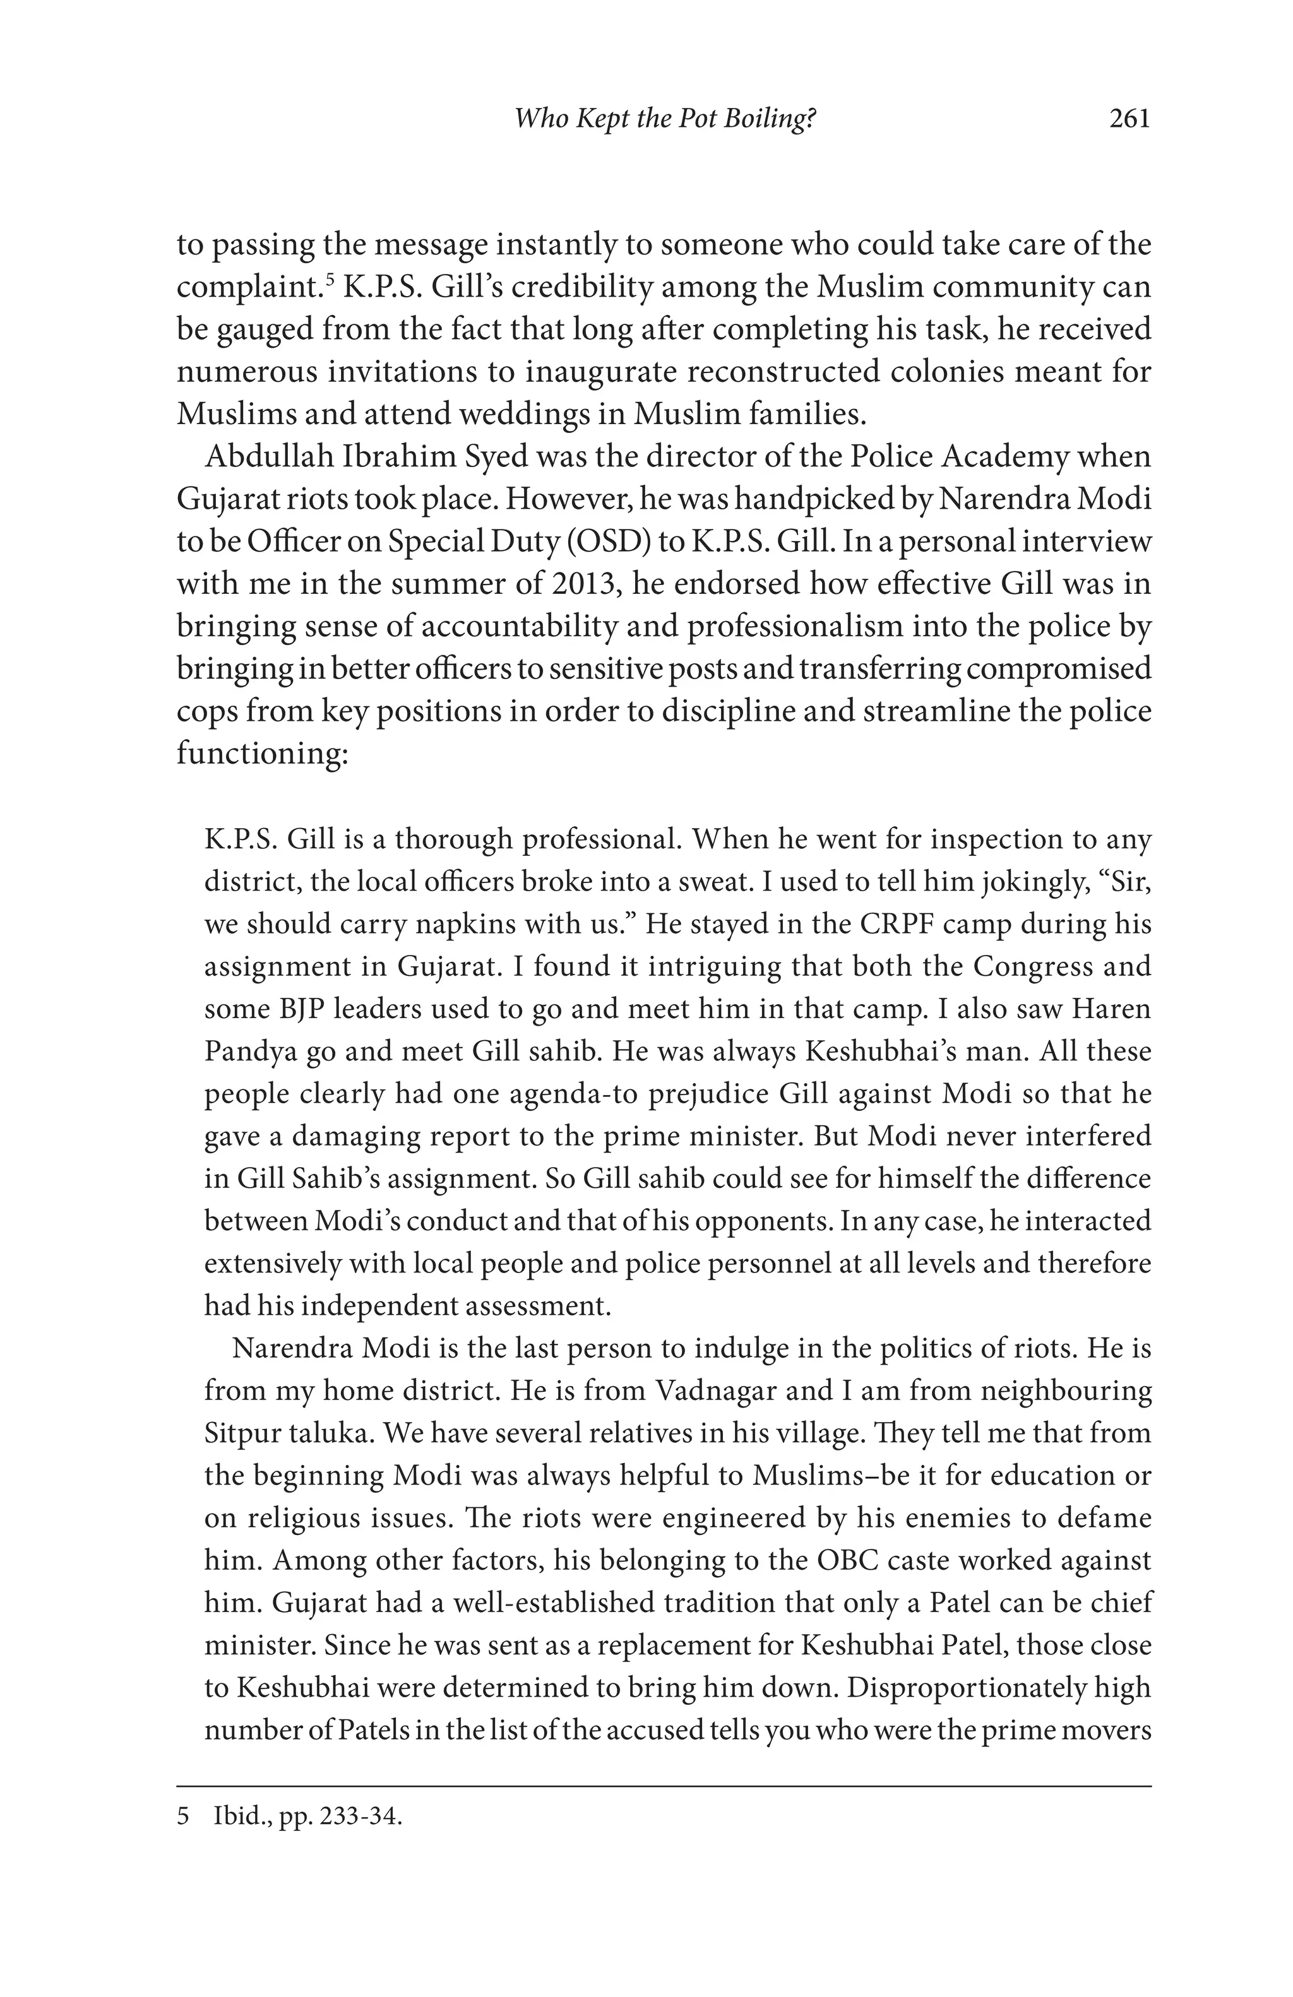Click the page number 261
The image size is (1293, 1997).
pyautogui.click(x=1129, y=119)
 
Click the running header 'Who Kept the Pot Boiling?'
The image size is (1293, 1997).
pyautogui.click(x=665, y=119)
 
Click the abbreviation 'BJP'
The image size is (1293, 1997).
pyautogui.click(x=303, y=1009)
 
